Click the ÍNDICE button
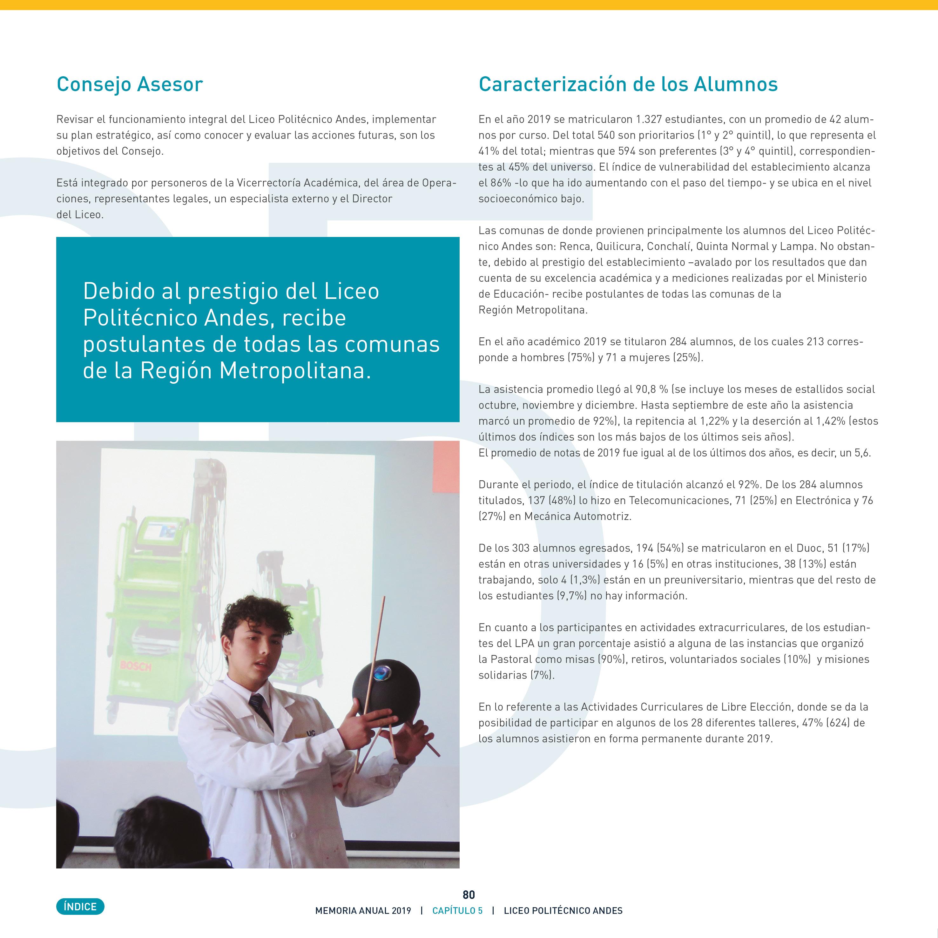coord(80,907)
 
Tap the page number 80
coord(469,895)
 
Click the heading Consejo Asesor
coord(130,84)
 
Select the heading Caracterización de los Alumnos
coord(628,84)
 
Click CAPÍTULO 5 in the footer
coord(457,911)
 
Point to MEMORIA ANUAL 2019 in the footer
coord(363,911)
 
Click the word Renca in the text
coord(575,246)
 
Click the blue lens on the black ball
coord(382,671)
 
